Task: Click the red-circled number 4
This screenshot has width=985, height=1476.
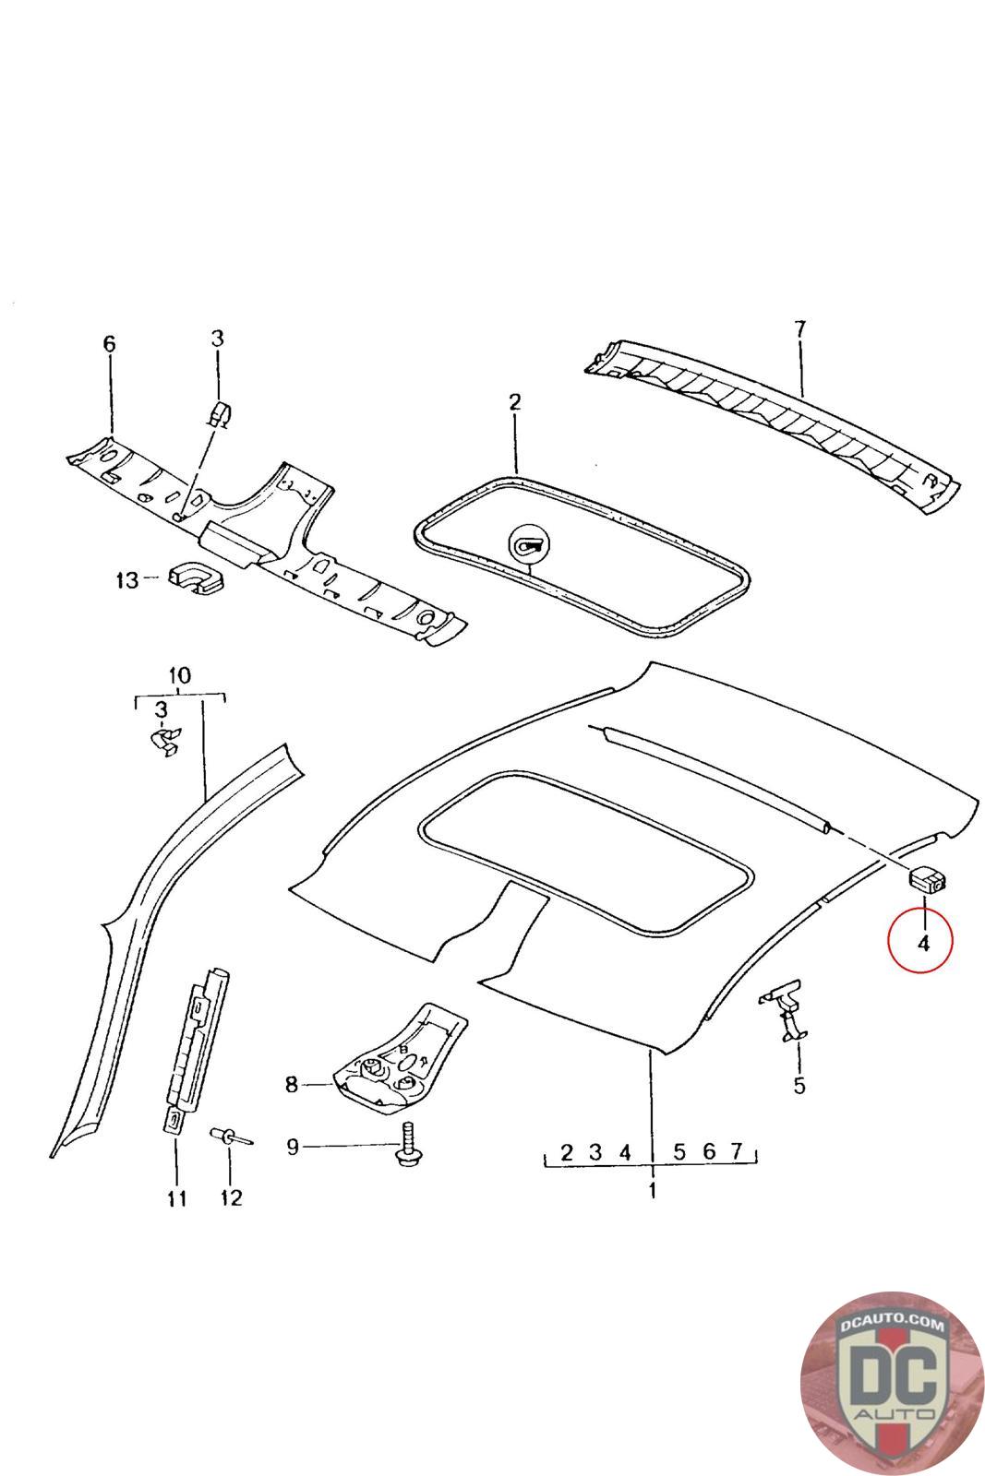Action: click(x=922, y=942)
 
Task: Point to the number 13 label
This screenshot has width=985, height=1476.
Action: click(x=126, y=580)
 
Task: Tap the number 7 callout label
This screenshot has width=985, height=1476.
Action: click(x=799, y=327)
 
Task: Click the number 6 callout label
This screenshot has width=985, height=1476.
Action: click(x=109, y=344)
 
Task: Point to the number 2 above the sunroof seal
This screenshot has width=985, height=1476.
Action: click(x=514, y=401)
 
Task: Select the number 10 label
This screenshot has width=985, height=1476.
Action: click(x=180, y=675)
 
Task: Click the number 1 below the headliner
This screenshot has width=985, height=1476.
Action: click(x=652, y=1190)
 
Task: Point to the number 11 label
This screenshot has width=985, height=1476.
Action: click(x=176, y=1198)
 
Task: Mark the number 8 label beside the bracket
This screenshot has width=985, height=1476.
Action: click(x=292, y=1085)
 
